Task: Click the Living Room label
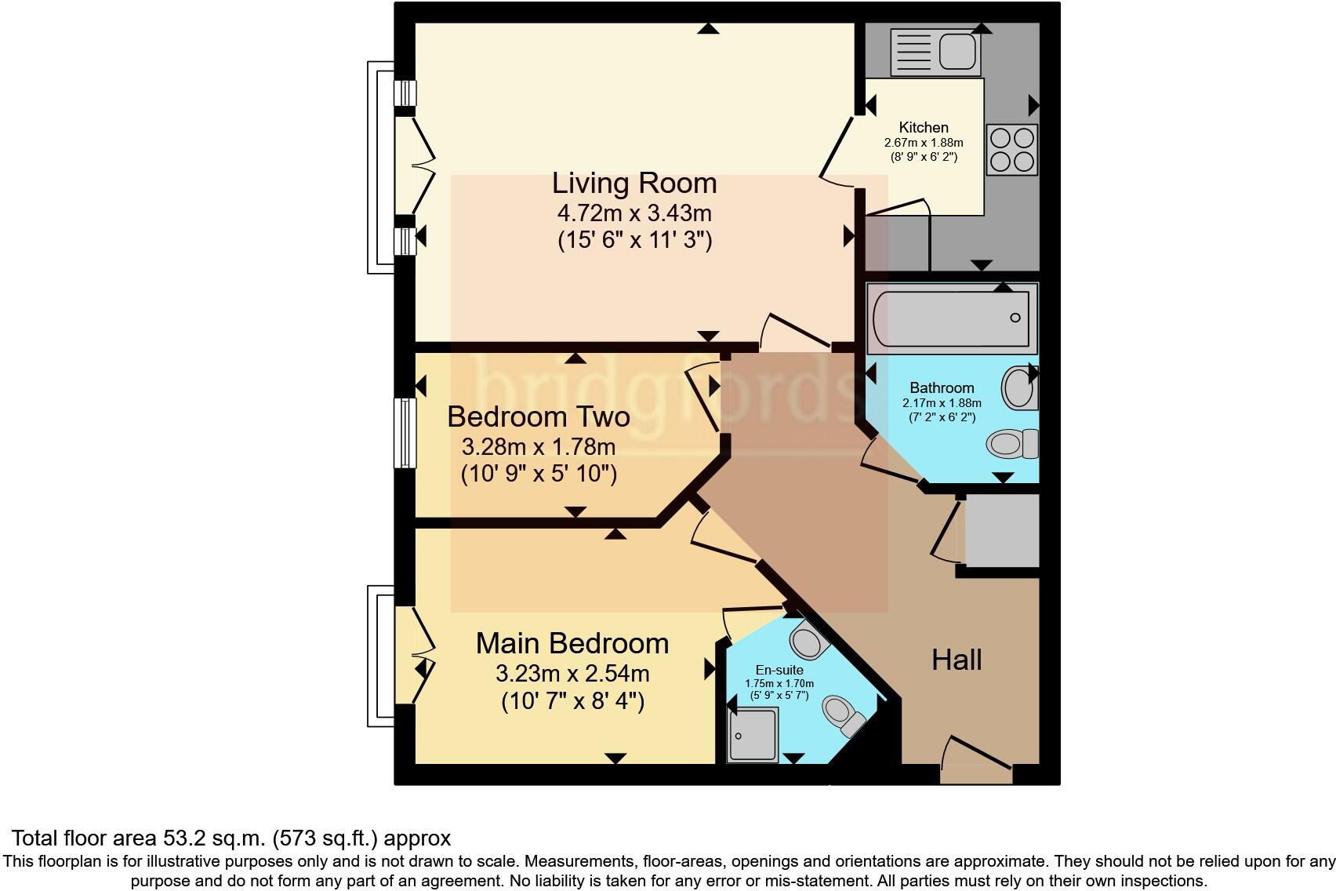[634, 183]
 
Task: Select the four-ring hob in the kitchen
[1011, 150]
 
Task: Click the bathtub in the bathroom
[950, 318]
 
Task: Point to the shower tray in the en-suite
[752, 736]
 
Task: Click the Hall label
[957, 660]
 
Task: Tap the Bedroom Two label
[538, 416]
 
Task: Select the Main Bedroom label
[572, 643]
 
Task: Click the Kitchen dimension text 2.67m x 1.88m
[924, 143]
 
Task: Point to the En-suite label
[779, 670]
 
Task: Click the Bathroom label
[942, 387]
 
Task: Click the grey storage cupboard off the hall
[1001, 529]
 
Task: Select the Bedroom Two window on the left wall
[405, 433]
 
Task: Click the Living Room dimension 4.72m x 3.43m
[634, 213]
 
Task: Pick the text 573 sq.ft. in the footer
[325, 838]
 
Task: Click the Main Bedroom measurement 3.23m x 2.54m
[572, 673]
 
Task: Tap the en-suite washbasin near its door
[808, 640]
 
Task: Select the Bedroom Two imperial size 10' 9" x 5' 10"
[539, 474]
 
